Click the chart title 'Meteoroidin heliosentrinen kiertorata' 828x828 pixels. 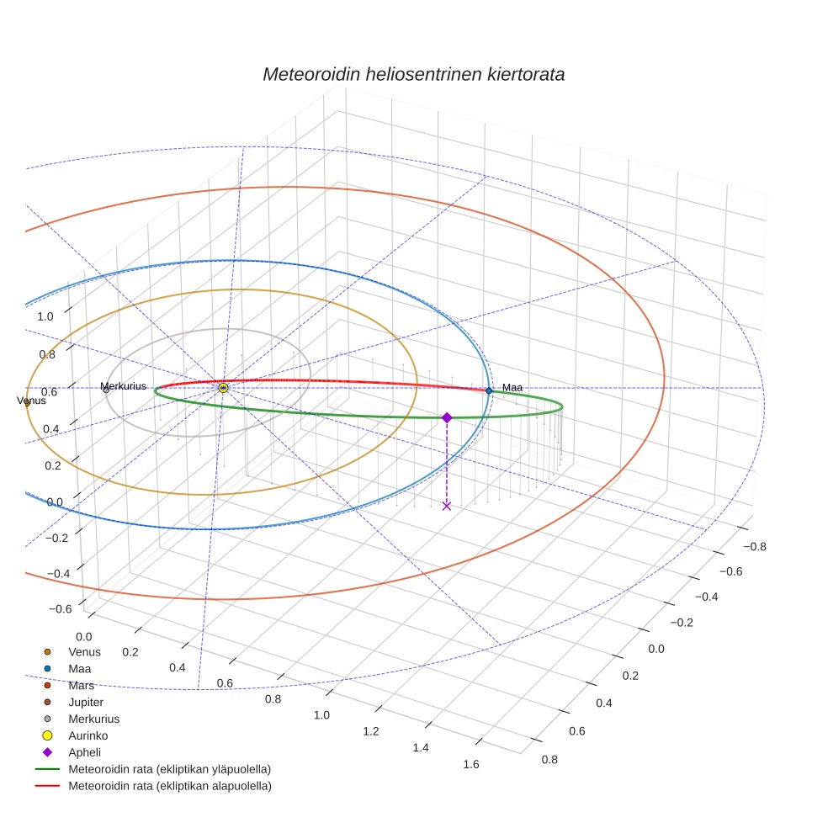(413, 74)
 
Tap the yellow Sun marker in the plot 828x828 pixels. (223, 388)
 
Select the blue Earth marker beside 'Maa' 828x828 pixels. (489, 390)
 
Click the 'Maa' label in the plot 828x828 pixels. (512, 387)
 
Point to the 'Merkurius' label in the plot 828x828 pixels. (123, 386)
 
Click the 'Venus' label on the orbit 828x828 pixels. (31, 401)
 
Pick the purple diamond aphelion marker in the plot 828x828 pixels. (447, 417)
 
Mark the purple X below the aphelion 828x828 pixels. (447, 506)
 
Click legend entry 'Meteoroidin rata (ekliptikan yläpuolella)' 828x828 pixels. (169, 769)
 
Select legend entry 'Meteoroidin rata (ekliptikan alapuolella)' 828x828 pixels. (169, 786)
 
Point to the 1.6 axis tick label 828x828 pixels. (470, 764)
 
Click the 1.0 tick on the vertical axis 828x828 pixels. (46, 316)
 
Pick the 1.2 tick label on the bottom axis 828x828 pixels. (371, 731)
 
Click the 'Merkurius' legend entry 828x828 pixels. (93, 719)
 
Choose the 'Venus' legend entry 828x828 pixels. (84, 651)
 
